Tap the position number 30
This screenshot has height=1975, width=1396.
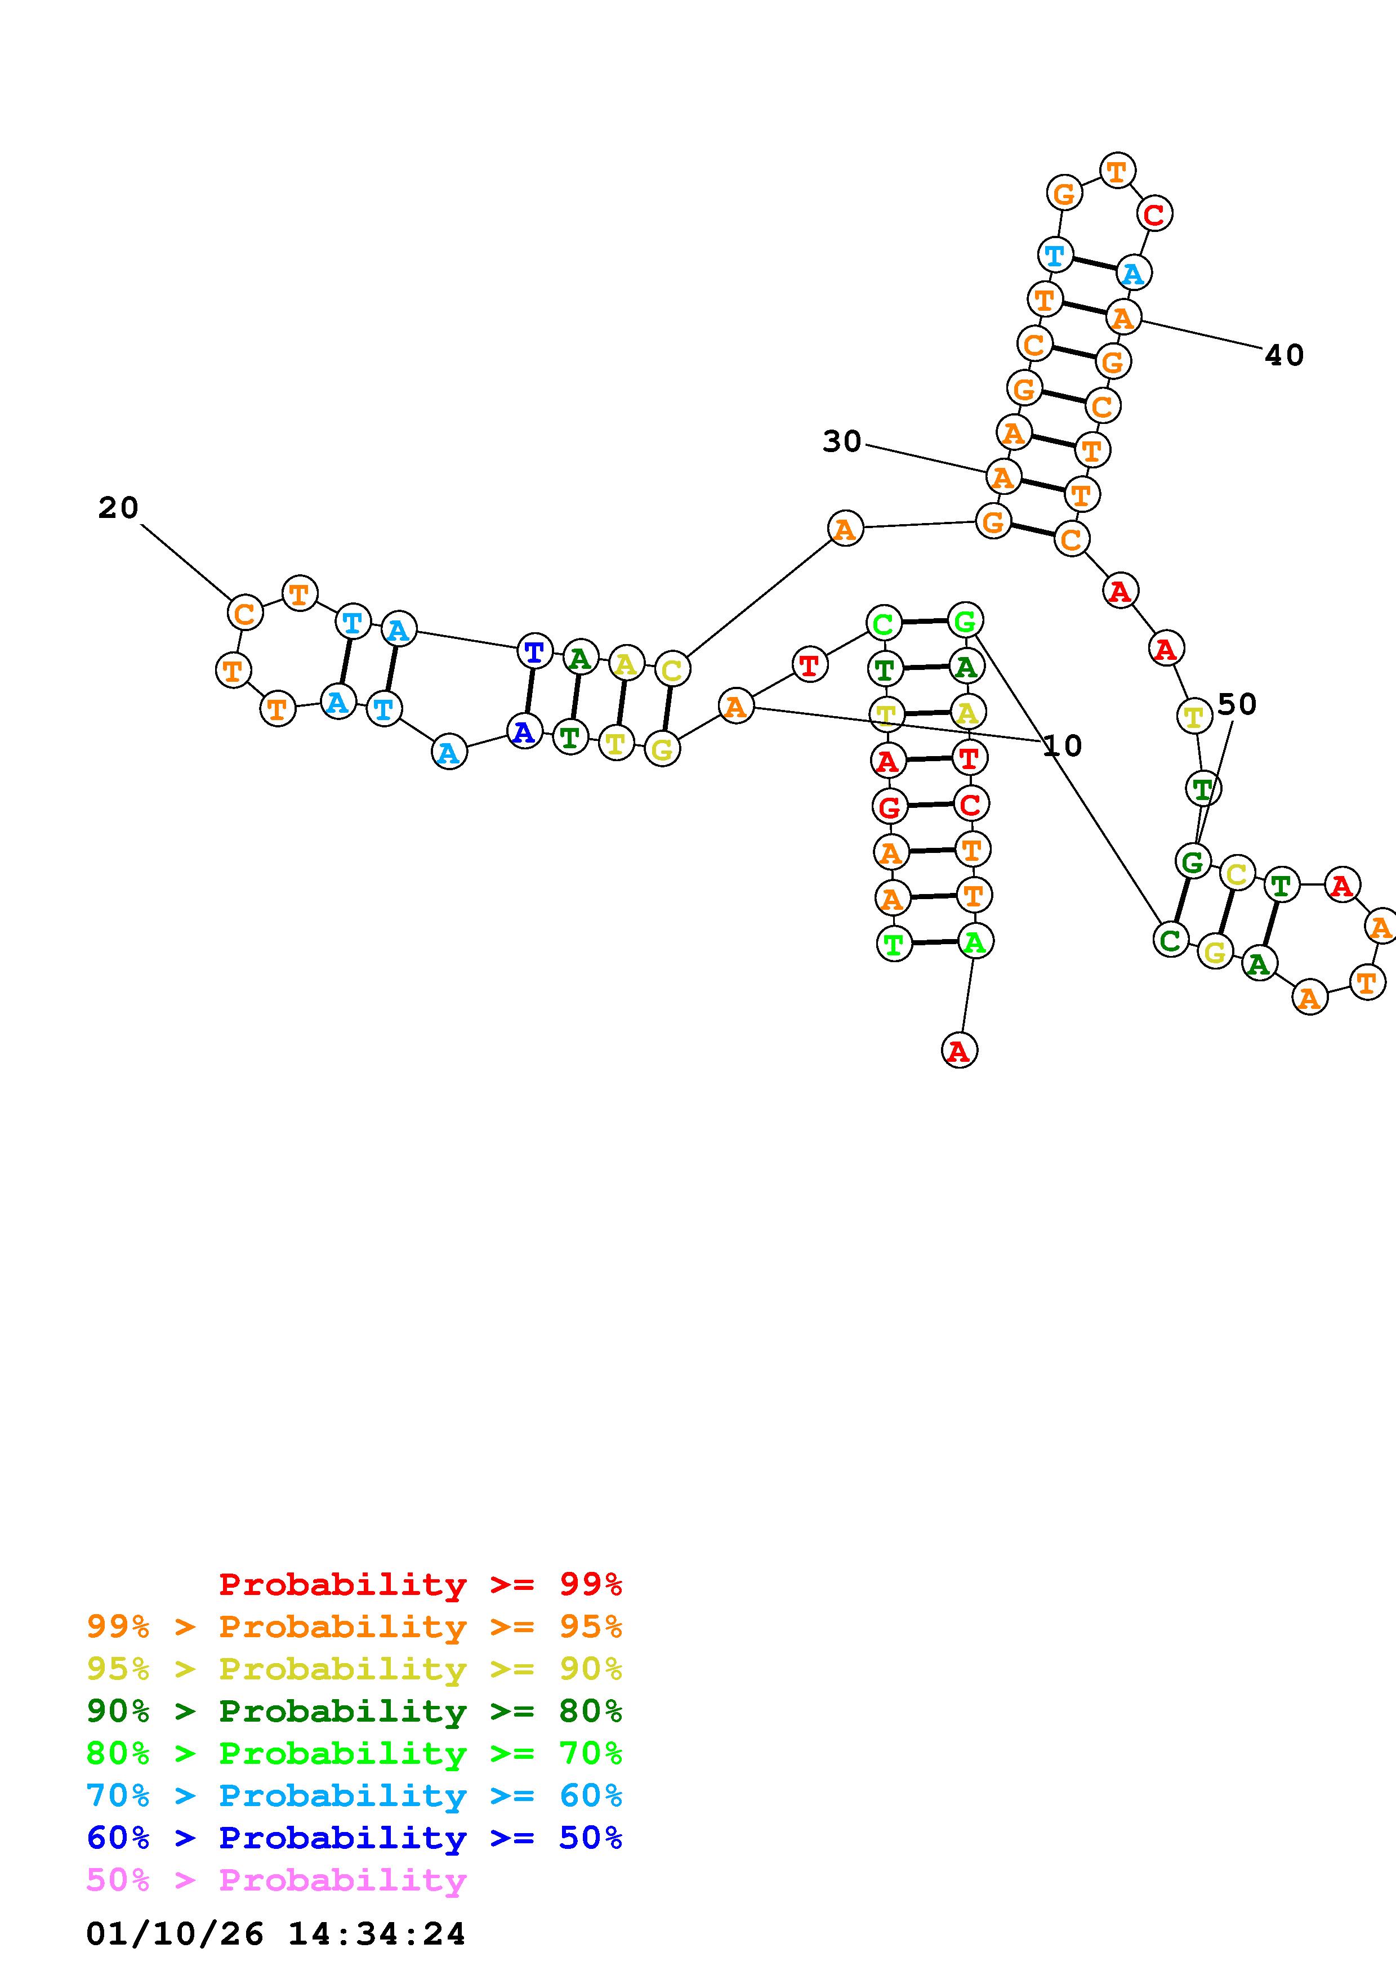pos(841,441)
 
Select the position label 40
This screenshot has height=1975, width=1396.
pos(1283,354)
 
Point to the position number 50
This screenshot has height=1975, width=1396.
pos(1237,704)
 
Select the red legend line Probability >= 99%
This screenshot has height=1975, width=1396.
pos(421,1584)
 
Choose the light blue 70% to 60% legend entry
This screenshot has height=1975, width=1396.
pos(354,1796)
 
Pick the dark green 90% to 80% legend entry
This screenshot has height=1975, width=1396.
pos(354,1712)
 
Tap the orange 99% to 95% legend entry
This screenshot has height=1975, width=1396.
pos(354,1627)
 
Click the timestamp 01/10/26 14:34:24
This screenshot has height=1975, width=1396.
pos(275,1934)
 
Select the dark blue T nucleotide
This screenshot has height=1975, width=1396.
pos(534,651)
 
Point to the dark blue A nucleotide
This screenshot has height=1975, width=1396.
pos(524,732)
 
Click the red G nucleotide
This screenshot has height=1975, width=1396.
pos(889,807)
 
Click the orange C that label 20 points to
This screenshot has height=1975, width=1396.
pos(244,613)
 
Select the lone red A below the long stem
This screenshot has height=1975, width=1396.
pos(959,1051)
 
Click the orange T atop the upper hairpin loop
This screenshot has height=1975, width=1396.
pos(1117,171)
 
